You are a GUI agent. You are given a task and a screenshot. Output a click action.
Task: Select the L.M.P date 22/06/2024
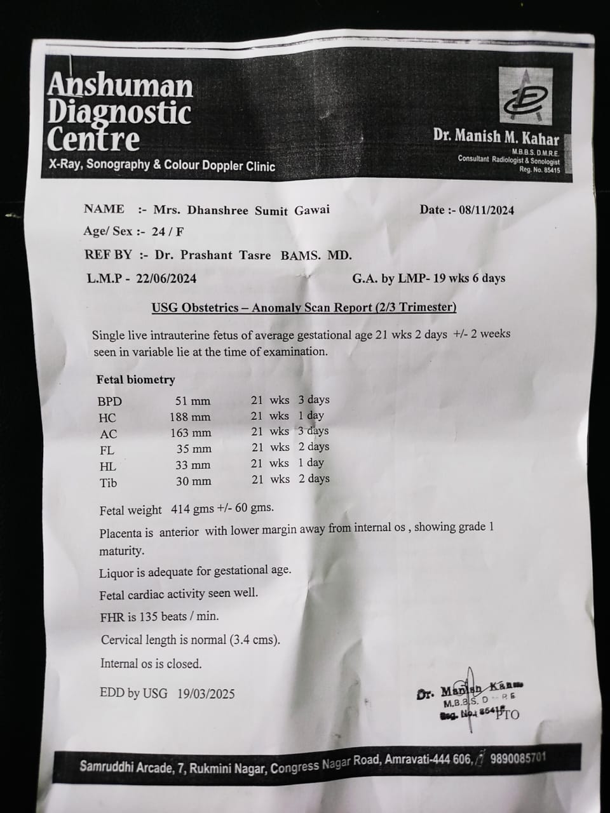[167, 278]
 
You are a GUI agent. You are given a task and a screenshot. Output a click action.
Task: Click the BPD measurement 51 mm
[193, 401]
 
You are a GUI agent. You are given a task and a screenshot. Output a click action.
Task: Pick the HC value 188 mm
[190, 417]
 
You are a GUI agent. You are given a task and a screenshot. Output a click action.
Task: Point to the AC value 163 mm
[191, 433]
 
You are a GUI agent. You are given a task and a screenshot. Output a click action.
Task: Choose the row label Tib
[109, 483]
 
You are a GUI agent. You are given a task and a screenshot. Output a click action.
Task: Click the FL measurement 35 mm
[194, 449]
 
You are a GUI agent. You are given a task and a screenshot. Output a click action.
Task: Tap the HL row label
[108, 466]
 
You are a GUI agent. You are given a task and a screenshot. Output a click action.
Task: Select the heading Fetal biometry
[135, 380]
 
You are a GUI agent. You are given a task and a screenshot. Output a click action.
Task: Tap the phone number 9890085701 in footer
[515, 758]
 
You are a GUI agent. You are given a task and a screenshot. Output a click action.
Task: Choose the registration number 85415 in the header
[550, 170]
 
